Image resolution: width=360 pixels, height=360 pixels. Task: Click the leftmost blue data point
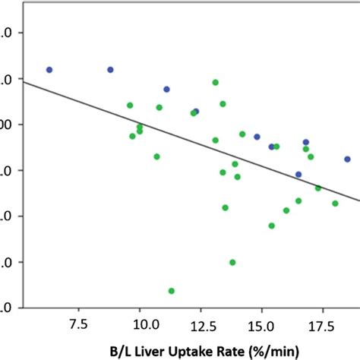[49, 69]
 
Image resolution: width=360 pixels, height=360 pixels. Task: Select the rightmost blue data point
[347, 159]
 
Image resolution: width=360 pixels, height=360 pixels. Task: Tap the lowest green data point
[172, 291]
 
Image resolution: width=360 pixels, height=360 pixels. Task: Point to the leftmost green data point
[130, 106]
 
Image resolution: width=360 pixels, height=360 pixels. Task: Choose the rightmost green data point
[335, 204]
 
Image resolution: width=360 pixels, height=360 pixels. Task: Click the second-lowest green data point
[232, 262]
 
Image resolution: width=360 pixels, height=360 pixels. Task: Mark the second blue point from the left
[110, 69]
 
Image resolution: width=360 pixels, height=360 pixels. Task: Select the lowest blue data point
[298, 174]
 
